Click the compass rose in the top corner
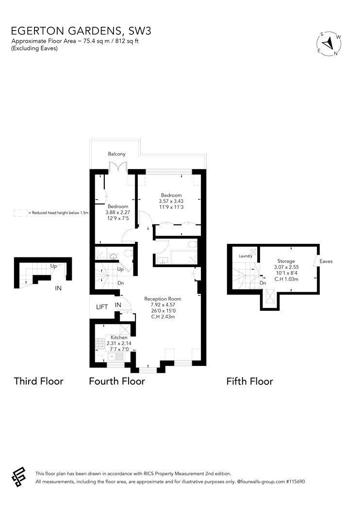329,44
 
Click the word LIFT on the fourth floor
102,307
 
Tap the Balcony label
116,154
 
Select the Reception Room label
163,299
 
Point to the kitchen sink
116,357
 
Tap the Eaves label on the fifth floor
326,261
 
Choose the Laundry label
245,256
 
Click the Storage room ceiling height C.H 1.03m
286,279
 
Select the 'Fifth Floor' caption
249,381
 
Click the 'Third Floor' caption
38,381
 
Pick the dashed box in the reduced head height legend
20,213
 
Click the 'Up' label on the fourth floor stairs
120,269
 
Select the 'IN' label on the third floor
58,288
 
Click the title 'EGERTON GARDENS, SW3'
81,31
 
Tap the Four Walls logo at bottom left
18,477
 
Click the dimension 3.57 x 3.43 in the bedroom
171,201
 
